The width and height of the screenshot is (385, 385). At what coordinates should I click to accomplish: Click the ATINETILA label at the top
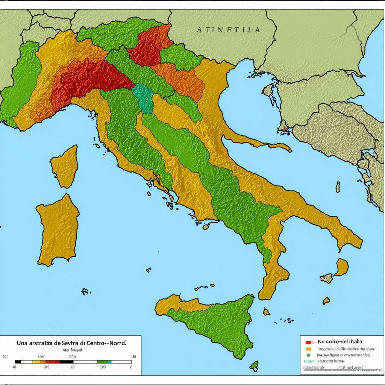(x=228, y=30)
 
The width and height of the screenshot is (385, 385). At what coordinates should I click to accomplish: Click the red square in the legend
(x=308, y=342)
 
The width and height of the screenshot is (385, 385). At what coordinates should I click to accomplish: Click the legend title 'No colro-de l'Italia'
(x=340, y=341)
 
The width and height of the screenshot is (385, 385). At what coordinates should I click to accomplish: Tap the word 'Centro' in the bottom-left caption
(x=97, y=343)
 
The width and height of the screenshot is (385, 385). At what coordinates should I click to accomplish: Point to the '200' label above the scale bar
(x=5, y=356)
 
